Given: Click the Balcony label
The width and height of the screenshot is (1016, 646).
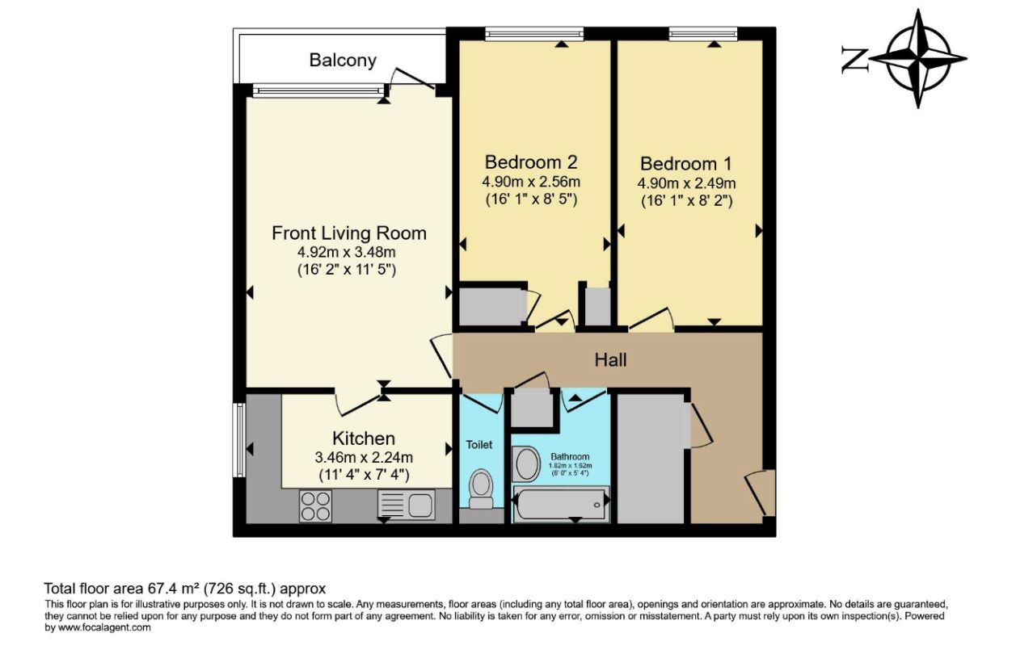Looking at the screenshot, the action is pyautogui.click(x=343, y=61).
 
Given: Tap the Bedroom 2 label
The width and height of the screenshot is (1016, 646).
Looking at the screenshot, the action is pyautogui.click(x=531, y=161).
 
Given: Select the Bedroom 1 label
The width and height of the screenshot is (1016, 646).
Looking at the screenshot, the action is pyautogui.click(x=686, y=164).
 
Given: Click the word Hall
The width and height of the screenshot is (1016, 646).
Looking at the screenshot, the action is pyautogui.click(x=610, y=360).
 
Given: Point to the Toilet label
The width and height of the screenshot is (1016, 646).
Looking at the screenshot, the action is pyautogui.click(x=479, y=445).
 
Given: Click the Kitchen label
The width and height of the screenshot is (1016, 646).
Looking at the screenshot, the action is pyautogui.click(x=364, y=438).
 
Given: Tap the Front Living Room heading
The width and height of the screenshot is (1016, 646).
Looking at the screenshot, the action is pyautogui.click(x=349, y=233).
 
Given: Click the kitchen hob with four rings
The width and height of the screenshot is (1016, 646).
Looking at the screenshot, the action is pyautogui.click(x=315, y=506).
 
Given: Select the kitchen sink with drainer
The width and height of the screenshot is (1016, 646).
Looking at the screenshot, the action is pyautogui.click(x=406, y=505).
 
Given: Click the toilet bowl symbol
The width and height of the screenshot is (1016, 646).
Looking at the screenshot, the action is pyautogui.click(x=481, y=489).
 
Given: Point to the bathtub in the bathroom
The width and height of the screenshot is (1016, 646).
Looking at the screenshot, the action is pyautogui.click(x=561, y=504).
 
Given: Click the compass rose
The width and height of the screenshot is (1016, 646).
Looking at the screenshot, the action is pyautogui.click(x=918, y=59).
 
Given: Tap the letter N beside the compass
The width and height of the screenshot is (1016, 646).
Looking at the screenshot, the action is pyautogui.click(x=855, y=59).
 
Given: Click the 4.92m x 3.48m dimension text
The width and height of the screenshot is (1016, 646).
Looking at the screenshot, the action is pyautogui.click(x=347, y=252).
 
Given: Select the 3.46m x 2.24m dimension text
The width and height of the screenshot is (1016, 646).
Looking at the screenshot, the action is pyautogui.click(x=364, y=457).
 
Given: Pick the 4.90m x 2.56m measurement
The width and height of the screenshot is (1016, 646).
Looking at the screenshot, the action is pyautogui.click(x=531, y=182).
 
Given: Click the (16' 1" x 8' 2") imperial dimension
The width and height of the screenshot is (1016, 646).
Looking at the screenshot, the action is pyautogui.click(x=687, y=201).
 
